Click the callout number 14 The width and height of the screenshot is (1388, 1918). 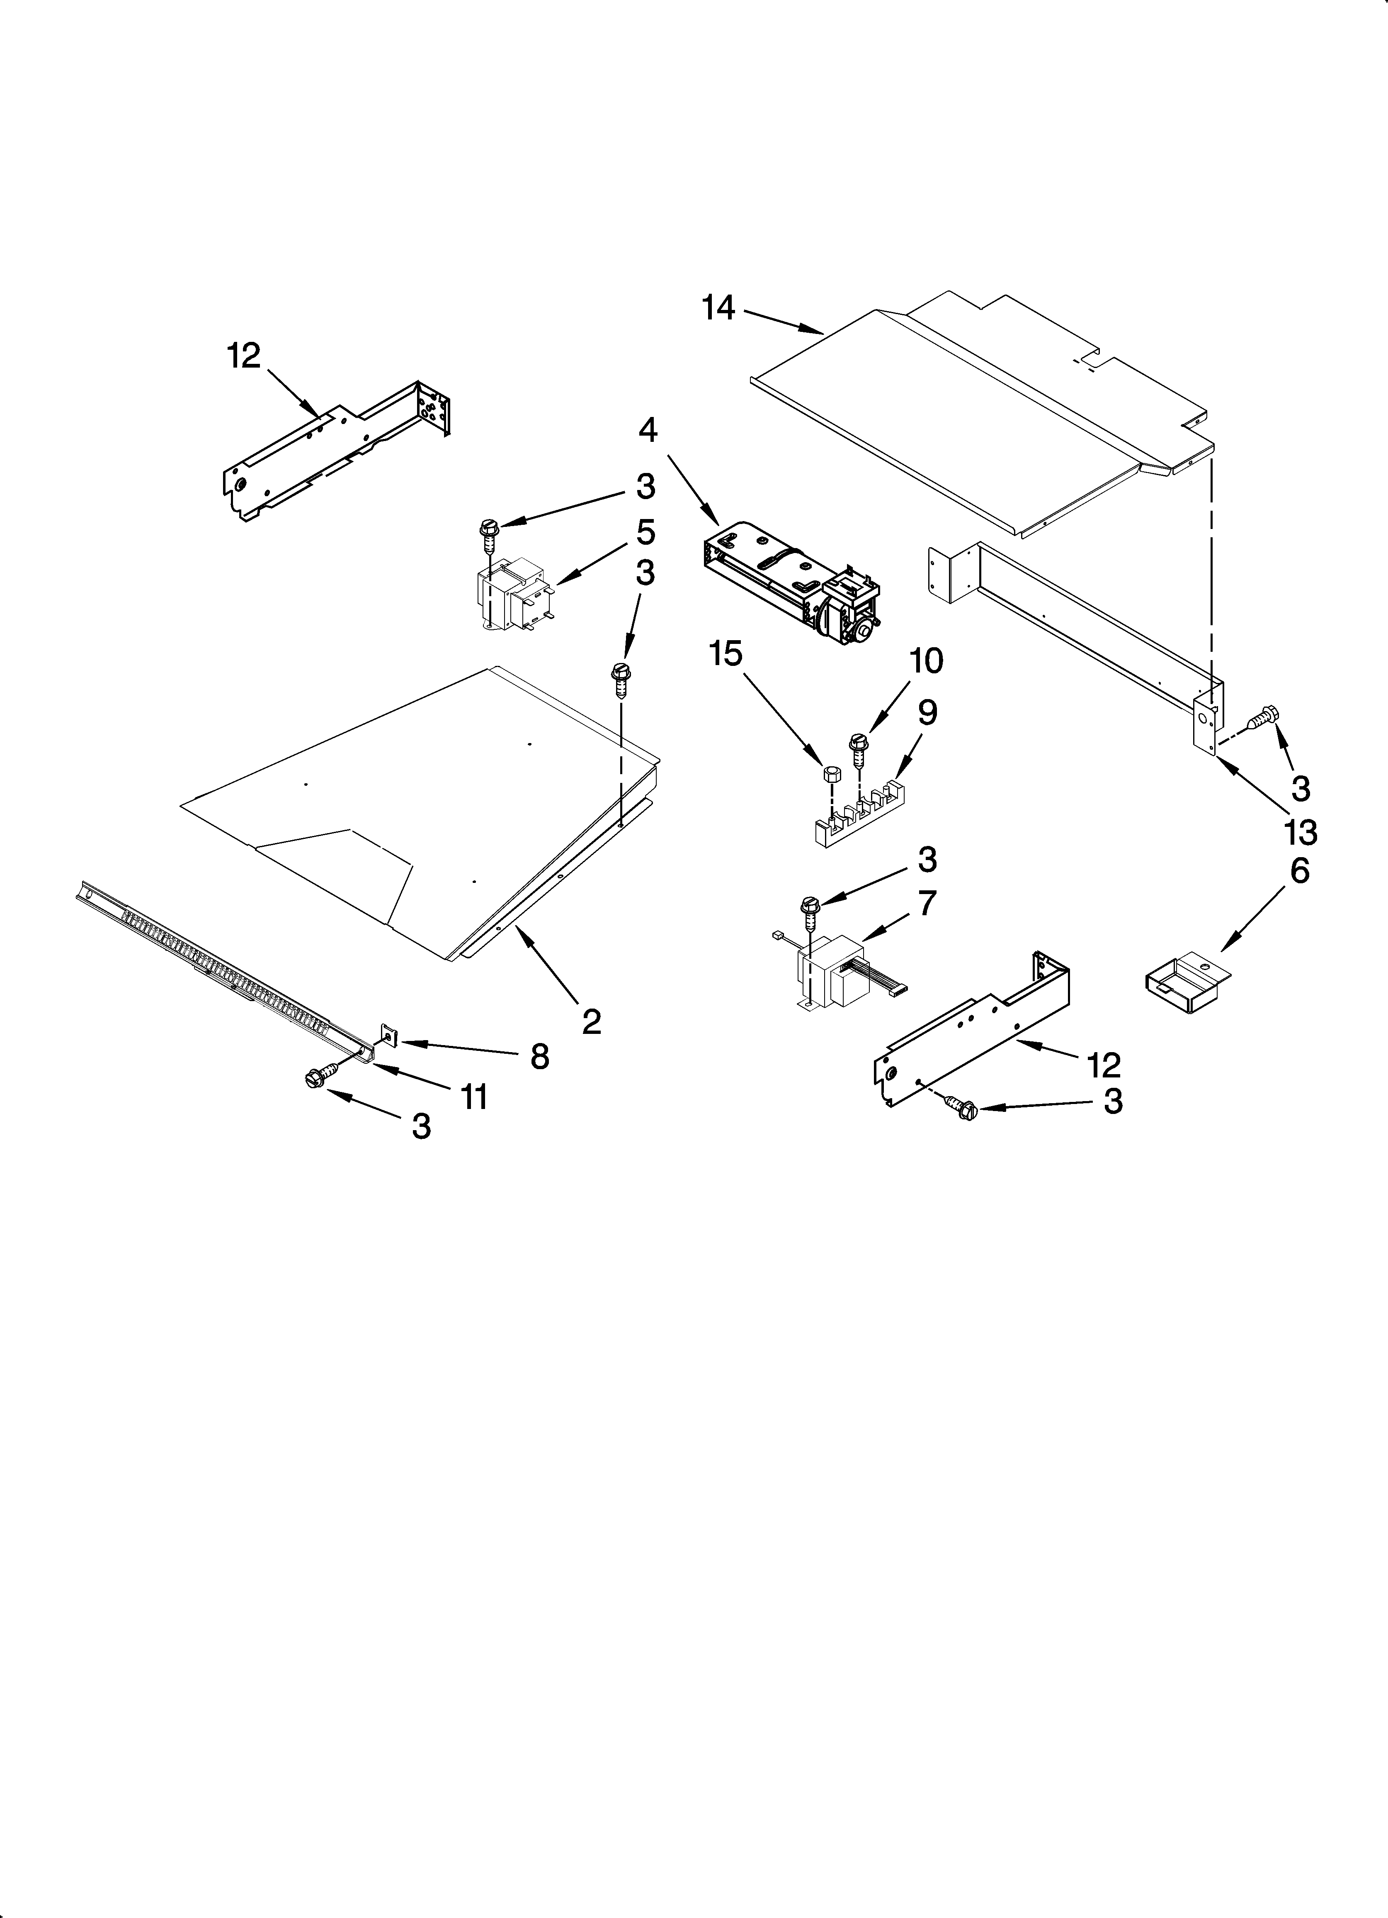pos(718,309)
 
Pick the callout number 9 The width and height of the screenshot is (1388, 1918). pos(927,713)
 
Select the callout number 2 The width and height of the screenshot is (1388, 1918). pos(592,1021)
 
